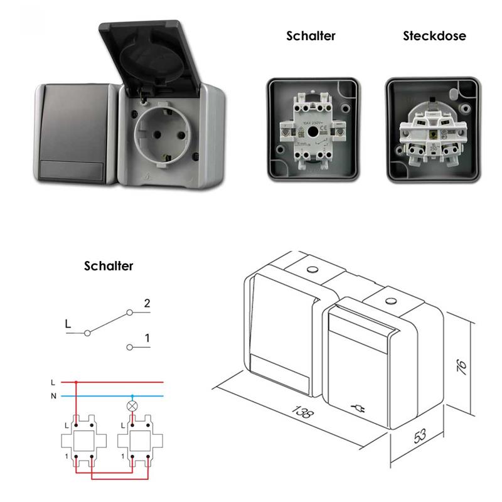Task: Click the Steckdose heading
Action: click(x=434, y=36)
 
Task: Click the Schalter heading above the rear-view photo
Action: click(x=311, y=36)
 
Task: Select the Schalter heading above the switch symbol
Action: click(x=109, y=266)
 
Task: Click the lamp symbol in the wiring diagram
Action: click(x=132, y=405)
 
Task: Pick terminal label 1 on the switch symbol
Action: click(x=146, y=339)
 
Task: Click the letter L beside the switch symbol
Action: click(x=67, y=324)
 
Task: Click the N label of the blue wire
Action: click(x=54, y=397)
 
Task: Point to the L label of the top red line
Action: click(x=54, y=382)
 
